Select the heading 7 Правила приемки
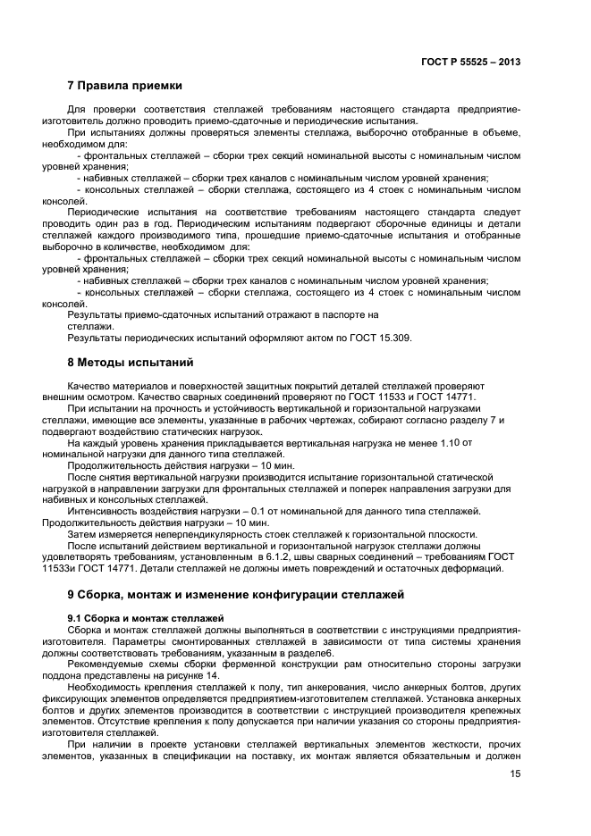(x=125, y=87)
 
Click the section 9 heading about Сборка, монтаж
(x=237, y=593)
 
